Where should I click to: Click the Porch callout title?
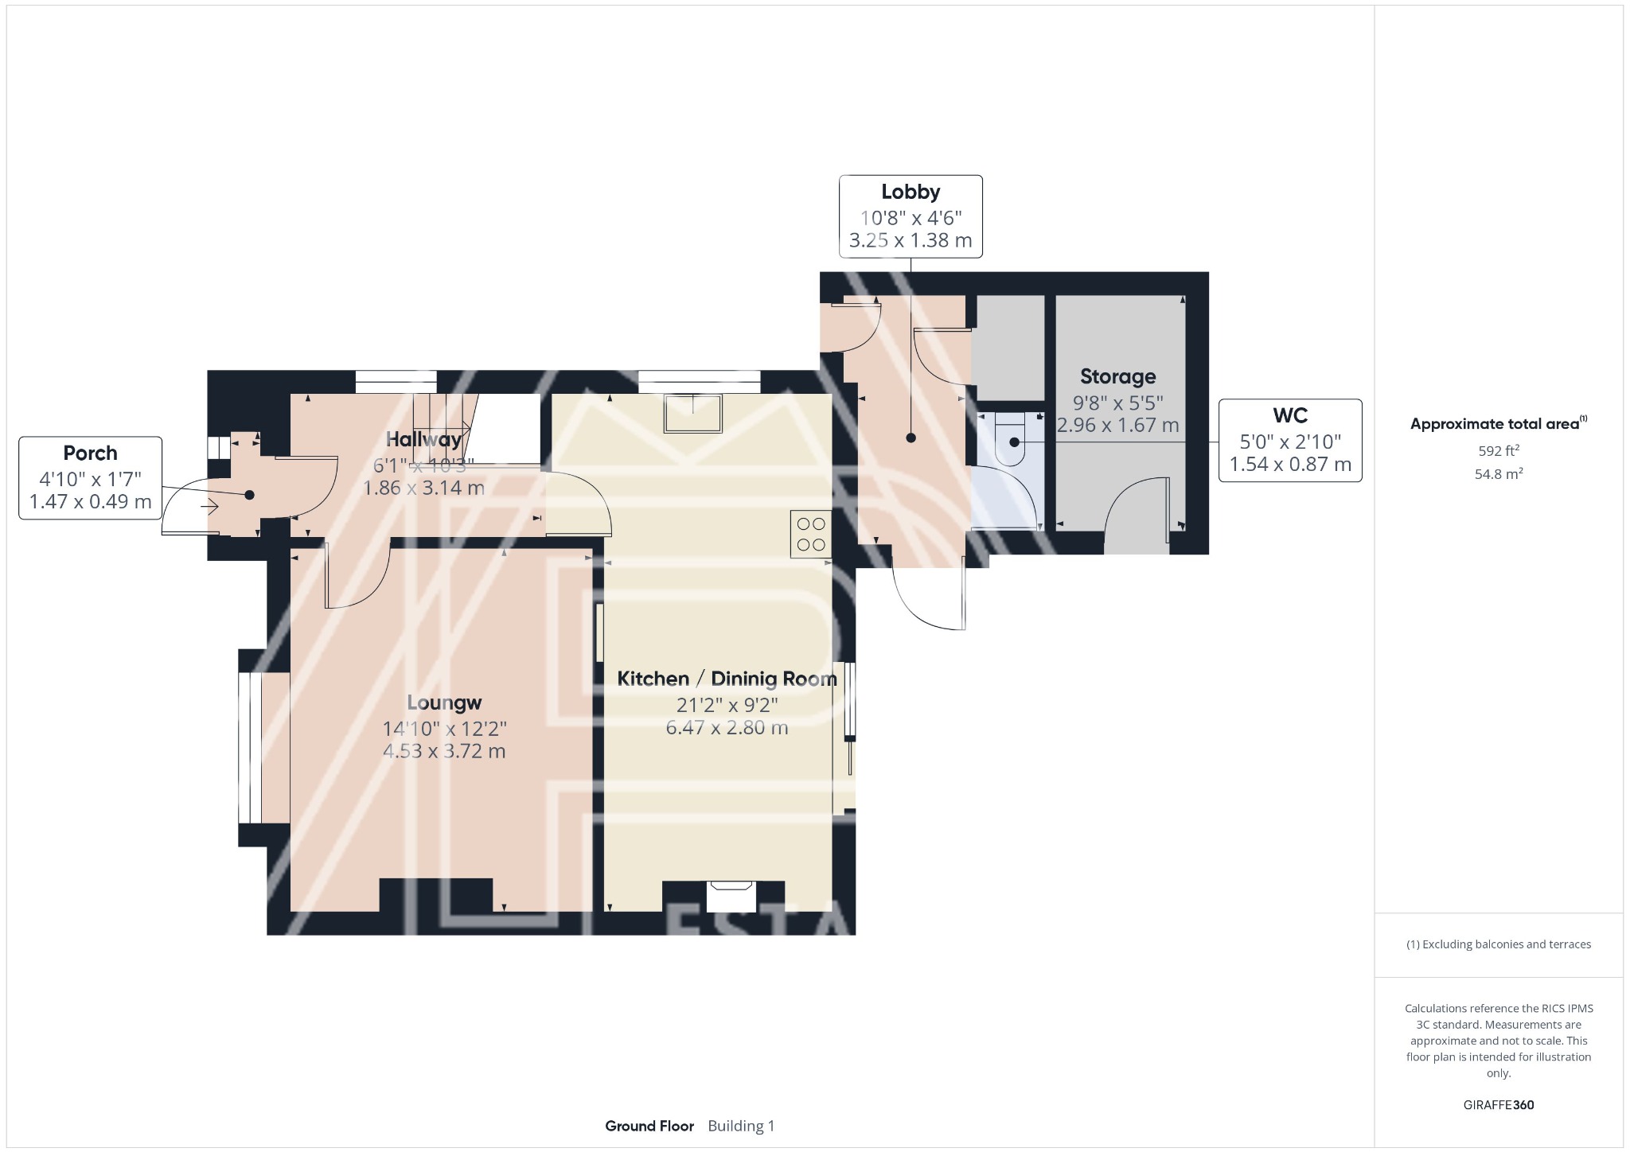coord(90,453)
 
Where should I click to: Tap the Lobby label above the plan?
coord(911,192)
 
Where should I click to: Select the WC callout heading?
coord(1289,415)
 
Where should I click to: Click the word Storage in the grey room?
coord(1117,376)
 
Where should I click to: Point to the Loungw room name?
coord(444,702)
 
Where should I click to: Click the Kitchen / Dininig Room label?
coord(727,679)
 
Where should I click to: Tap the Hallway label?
coord(423,439)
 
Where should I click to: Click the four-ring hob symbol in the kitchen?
coord(810,534)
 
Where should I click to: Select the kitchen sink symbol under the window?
coord(694,413)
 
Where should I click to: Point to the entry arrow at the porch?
coord(210,506)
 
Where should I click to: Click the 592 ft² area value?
coord(1498,450)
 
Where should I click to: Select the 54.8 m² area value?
coord(1498,474)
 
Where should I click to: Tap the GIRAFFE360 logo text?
coord(1498,1104)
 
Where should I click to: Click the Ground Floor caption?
coord(649,1126)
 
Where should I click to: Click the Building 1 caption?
coord(740,1126)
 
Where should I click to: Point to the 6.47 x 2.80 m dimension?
coord(727,727)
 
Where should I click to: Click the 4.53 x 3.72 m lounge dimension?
coord(444,751)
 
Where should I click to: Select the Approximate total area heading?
coord(1496,424)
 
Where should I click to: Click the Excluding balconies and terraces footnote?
coord(1498,944)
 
